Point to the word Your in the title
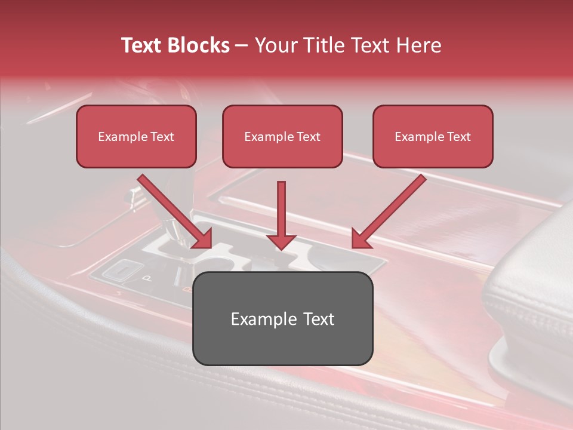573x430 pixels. tap(272, 45)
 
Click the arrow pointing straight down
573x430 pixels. tap(281, 215)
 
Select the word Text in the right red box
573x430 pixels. tap(458, 137)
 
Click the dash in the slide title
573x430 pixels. tap(242, 46)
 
